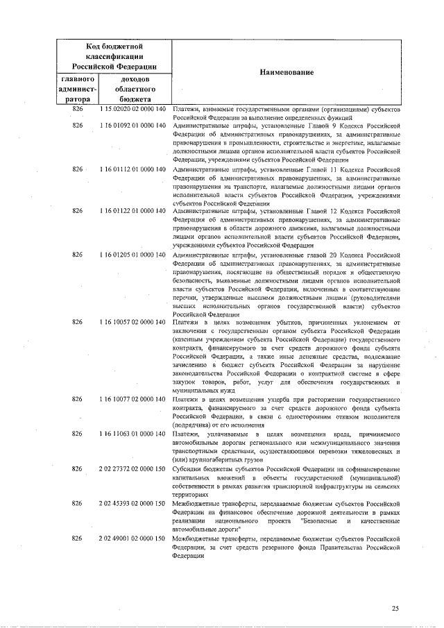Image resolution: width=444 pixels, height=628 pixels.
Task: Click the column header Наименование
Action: pyautogui.click(x=287, y=72)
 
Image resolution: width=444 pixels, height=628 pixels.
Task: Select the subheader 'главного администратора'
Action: pyautogui.click(x=78, y=89)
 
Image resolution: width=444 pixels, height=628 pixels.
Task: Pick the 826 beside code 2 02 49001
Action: pyautogui.click(x=78, y=538)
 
